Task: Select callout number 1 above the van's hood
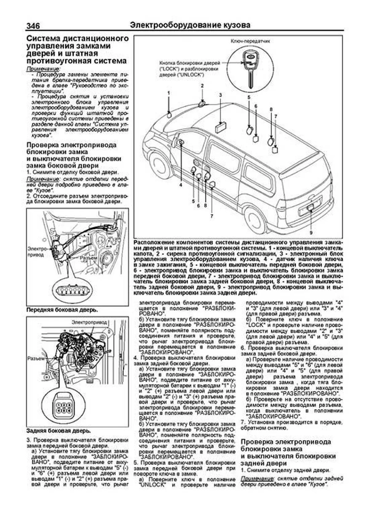169,93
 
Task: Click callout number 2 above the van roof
202,86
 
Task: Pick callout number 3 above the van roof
220,95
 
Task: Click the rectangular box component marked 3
220,127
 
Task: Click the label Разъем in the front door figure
89,258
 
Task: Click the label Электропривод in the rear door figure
89,322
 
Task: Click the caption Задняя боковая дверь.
58,431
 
